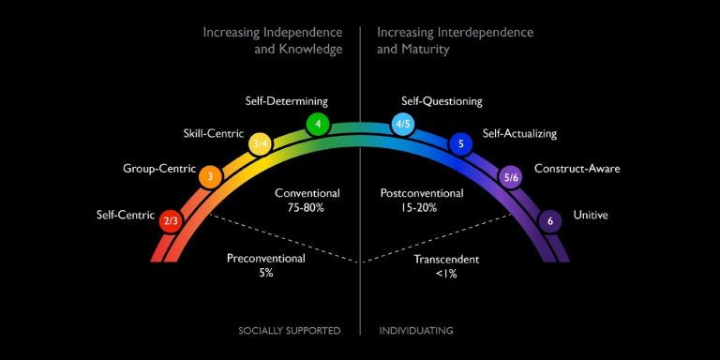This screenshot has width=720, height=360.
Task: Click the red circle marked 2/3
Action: point(171,221)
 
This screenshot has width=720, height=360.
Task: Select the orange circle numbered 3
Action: point(211,175)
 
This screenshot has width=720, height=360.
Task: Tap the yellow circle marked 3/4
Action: point(261,143)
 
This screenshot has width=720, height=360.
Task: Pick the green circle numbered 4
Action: point(319,124)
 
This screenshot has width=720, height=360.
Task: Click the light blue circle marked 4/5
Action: point(403,124)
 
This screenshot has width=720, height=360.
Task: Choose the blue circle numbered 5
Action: point(460,143)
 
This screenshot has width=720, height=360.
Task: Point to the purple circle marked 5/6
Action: point(511,175)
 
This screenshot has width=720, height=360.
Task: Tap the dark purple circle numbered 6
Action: point(550,221)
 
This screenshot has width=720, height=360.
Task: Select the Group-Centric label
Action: point(159,170)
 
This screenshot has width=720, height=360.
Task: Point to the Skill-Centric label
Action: point(213,133)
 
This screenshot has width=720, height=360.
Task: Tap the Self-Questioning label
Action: point(442,101)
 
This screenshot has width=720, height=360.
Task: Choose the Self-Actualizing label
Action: point(519,133)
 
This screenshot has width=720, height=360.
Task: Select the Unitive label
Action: point(591,215)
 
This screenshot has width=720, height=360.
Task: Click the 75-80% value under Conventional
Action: point(307,207)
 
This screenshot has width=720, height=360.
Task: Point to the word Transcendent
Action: point(447,259)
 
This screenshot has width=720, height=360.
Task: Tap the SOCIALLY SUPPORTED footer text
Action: point(289,331)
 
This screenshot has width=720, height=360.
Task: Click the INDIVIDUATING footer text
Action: point(416,331)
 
